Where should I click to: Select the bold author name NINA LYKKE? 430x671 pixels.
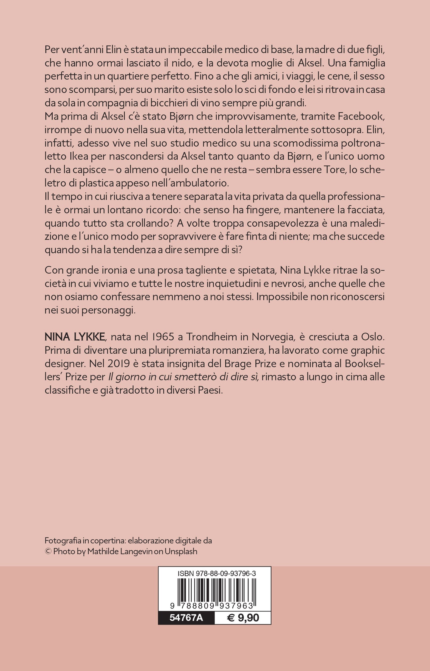coord(75,337)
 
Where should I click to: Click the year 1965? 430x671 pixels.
coord(162,337)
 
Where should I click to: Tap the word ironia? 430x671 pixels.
coord(99,270)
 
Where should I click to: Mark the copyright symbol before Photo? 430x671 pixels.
coord(48,552)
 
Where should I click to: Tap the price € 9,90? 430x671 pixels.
coord(243,618)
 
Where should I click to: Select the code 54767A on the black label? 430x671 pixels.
coord(186,618)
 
